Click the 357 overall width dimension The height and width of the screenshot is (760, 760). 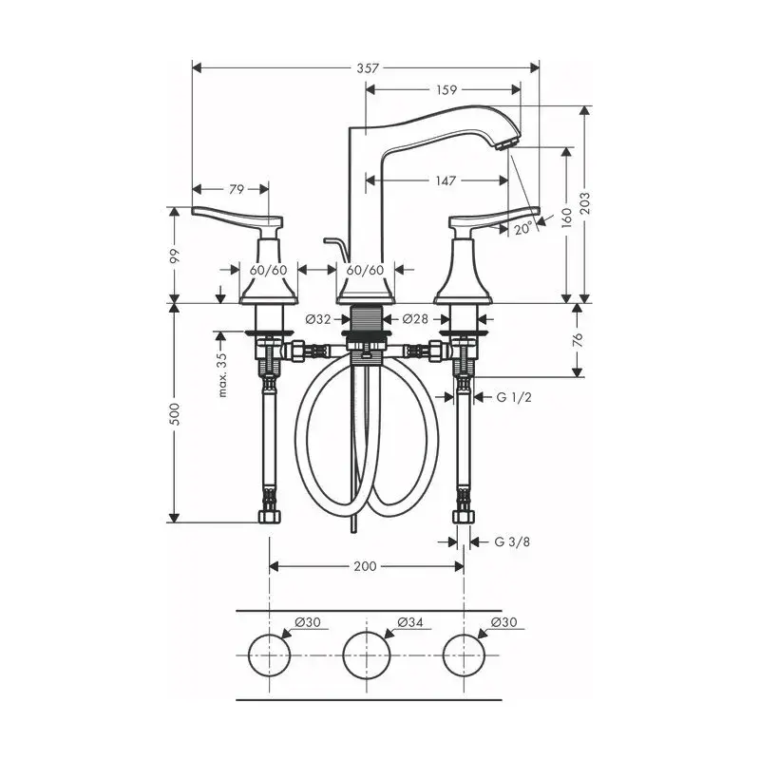[x=368, y=68]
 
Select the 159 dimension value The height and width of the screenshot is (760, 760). [x=446, y=89]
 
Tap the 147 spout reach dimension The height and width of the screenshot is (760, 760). [x=446, y=180]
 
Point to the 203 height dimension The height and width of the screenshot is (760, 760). [x=585, y=203]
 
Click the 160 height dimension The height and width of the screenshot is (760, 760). [x=566, y=218]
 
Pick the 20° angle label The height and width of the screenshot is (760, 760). [x=523, y=228]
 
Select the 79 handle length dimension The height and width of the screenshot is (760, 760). [x=236, y=189]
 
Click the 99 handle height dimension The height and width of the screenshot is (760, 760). [x=175, y=256]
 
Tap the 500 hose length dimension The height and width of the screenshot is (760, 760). [x=175, y=413]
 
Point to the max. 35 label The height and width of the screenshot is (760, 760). [x=222, y=374]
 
